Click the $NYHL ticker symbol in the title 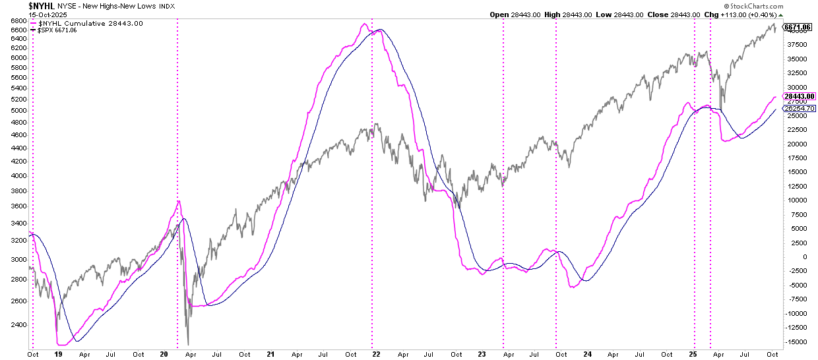tap(42, 5)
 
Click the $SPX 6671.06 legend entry tap(59, 30)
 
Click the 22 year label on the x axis tap(376, 354)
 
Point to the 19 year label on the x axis tap(58, 354)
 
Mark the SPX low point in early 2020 tap(188, 344)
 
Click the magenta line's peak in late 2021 tap(363, 24)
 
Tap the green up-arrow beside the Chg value tap(781, 15)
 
